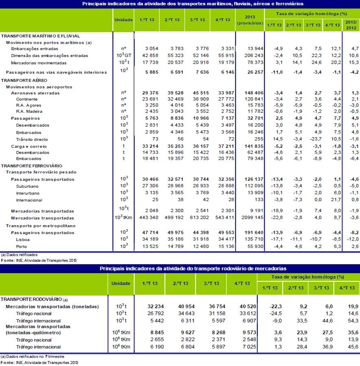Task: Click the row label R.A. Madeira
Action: click(x=29, y=111)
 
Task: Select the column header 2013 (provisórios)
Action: click(x=250, y=20)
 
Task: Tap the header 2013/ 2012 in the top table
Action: click(x=351, y=25)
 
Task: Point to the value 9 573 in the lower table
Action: click(x=246, y=334)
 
